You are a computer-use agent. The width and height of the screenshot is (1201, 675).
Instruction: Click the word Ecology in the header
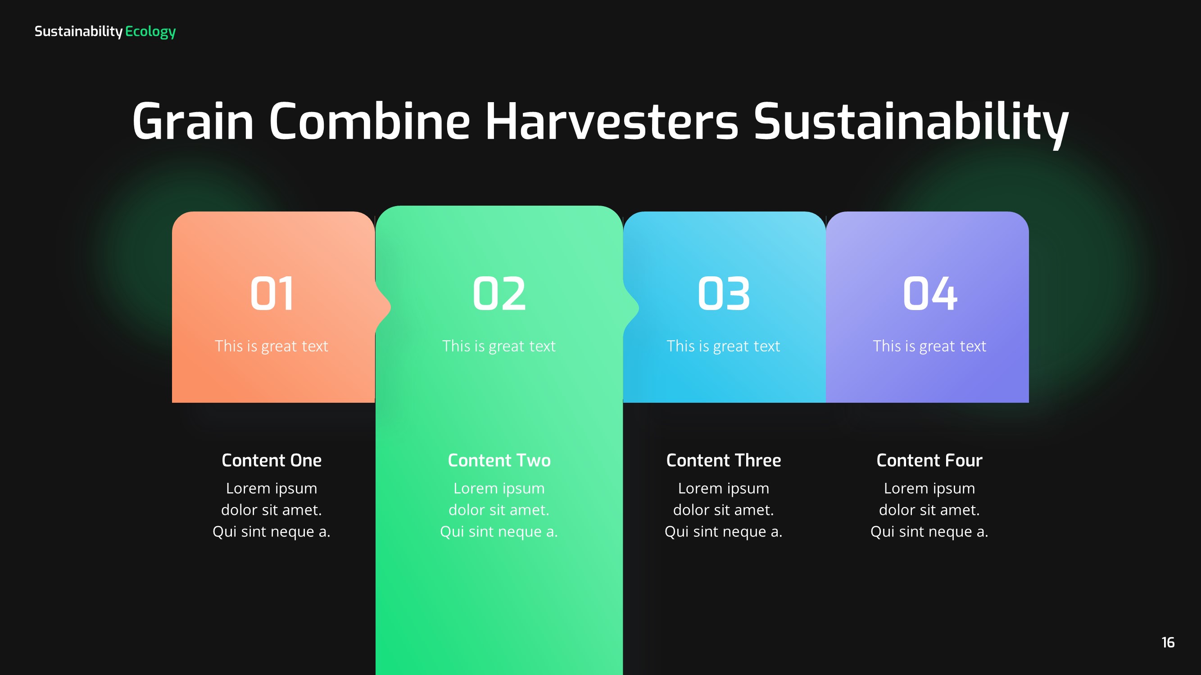click(150, 31)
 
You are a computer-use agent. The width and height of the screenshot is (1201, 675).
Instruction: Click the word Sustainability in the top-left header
click(78, 31)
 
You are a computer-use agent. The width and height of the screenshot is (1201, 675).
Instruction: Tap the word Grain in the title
click(193, 121)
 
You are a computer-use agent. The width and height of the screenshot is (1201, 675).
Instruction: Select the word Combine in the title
click(369, 121)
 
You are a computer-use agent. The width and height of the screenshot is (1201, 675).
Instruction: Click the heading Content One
click(272, 460)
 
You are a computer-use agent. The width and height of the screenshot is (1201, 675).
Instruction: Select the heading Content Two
click(499, 460)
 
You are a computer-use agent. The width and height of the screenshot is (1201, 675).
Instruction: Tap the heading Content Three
click(724, 460)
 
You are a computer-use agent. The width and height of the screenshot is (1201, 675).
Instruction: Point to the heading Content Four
click(929, 460)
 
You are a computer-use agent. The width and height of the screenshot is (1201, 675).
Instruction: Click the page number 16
click(1168, 643)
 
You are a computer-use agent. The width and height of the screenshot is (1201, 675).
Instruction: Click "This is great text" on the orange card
click(272, 346)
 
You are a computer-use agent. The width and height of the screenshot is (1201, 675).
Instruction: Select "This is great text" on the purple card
click(929, 346)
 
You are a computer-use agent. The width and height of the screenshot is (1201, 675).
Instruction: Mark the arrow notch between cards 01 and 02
click(384, 307)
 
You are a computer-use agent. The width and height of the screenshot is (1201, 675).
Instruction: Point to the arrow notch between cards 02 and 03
click(632, 307)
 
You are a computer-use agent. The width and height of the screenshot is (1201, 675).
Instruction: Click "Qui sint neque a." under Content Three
click(724, 531)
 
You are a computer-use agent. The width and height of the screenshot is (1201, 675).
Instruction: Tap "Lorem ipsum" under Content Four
click(929, 488)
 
